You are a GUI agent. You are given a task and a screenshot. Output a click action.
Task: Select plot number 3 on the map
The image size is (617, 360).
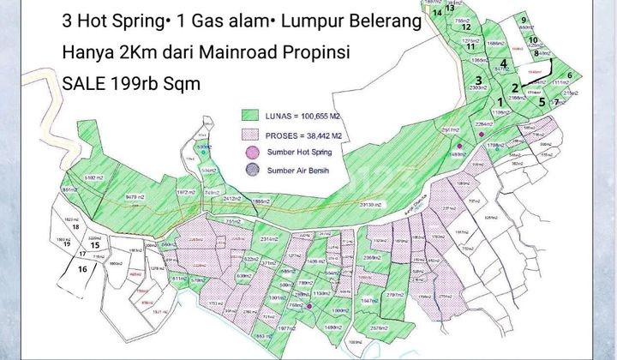481,81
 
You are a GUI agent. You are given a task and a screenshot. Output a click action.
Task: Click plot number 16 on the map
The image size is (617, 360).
82,268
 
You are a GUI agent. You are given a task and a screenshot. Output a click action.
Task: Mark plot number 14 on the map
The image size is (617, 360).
438,12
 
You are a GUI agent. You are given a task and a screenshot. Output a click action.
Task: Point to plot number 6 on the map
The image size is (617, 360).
569,75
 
